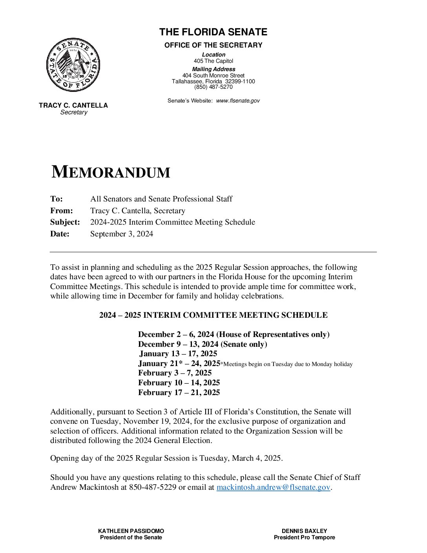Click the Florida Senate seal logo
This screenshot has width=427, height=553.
pos(73,65)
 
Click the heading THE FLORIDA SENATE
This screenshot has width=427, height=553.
pos(213,32)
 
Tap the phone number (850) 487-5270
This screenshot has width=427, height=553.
pos(213,87)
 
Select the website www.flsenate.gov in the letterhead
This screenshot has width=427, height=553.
pos(237,101)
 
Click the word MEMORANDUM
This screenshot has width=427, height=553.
pos(111,172)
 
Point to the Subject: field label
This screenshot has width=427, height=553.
pos(65,222)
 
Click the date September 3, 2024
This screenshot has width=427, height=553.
pos(122,234)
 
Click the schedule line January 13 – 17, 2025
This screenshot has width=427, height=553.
pos(178,354)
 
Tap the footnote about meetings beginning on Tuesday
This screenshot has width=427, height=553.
pos(286,364)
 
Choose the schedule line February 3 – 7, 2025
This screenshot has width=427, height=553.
pos(175,373)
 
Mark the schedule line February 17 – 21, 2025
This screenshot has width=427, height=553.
pos(179,393)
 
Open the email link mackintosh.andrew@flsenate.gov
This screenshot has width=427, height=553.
pos(273,488)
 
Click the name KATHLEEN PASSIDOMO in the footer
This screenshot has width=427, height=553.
pos(131,531)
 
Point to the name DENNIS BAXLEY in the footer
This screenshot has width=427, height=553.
pos(304,531)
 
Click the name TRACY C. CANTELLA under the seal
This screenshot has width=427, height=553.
pos(73,106)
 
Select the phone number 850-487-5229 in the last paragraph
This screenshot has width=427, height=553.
pos(153,488)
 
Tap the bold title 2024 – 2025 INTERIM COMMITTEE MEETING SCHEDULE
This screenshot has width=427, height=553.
pos(213,315)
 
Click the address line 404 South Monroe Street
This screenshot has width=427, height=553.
pos(213,75)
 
